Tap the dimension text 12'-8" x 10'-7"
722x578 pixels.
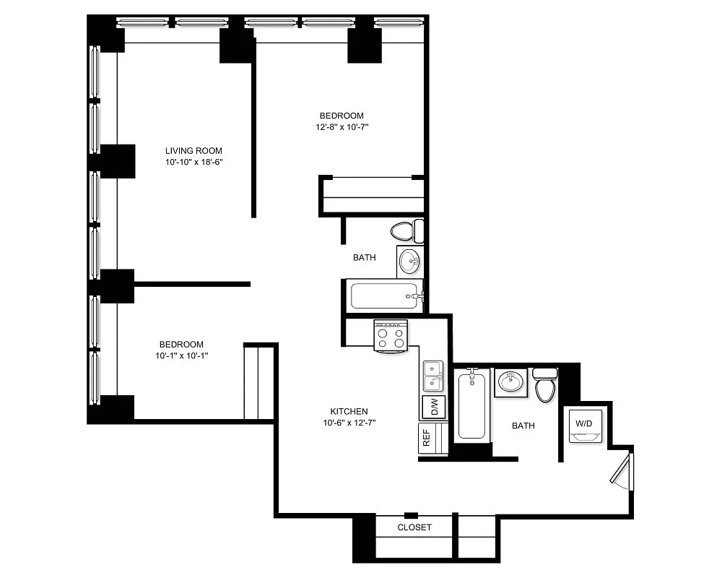point(342,127)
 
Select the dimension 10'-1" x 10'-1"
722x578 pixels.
point(181,355)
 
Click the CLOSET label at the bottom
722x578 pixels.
point(414,527)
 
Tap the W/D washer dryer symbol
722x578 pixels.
point(583,426)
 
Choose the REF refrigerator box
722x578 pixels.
point(427,438)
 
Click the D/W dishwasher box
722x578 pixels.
point(433,407)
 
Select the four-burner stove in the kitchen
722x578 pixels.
point(390,337)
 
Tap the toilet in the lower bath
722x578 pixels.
point(545,384)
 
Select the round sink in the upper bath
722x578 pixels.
point(409,260)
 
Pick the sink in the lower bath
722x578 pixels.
point(511,381)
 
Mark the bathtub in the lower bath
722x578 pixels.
point(471,405)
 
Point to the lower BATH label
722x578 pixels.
point(523,426)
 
